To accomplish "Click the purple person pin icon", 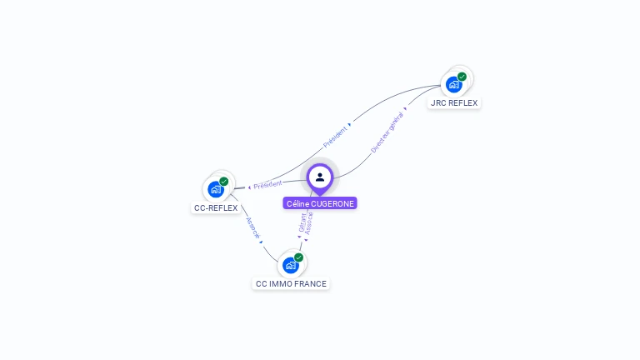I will tap(320, 177).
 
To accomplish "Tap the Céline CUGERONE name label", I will tap(320, 203).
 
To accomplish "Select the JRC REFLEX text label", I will tap(454, 103).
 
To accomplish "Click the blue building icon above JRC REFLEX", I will tap(453, 84).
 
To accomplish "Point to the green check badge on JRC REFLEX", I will tap(462, 77).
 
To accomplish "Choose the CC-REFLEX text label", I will tap(216, 208).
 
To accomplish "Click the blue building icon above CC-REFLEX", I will tap(216, 189).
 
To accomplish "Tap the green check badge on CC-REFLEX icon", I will tap(224, 182).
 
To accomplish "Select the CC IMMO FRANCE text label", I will tap(291, 284).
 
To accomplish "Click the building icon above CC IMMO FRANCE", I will tap(290, 265).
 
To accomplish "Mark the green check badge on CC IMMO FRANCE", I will tap(298, 257).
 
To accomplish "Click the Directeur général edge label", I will tap(387, 132).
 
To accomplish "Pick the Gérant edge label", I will tap(302, 222).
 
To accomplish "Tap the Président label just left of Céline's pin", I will tap(267, 184).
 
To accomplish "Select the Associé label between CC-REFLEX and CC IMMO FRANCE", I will tap(253, 227).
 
